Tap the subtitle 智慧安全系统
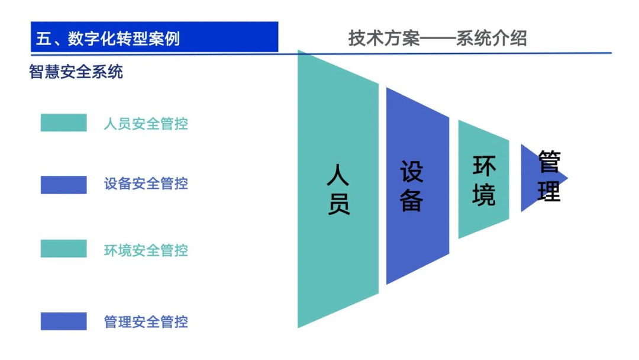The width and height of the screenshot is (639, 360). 76,72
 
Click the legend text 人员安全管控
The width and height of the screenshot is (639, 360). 146,124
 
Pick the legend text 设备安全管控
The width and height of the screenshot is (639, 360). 146,184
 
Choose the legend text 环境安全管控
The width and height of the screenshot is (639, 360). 146,250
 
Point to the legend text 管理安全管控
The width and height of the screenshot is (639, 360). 146,322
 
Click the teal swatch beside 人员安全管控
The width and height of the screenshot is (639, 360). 63,123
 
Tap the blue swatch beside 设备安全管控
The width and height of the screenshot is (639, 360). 63,185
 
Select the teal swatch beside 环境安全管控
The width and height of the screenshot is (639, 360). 63,249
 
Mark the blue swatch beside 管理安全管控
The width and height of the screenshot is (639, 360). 63,321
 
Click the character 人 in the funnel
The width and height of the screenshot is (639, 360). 338,176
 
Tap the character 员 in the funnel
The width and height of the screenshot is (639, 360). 338,203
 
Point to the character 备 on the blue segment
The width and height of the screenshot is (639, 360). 412,200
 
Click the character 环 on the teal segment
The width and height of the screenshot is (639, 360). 484,167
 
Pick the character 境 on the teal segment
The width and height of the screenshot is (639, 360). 484,195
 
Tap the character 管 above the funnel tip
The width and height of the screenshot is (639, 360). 548,161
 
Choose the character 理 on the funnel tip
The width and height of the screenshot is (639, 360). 548,191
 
